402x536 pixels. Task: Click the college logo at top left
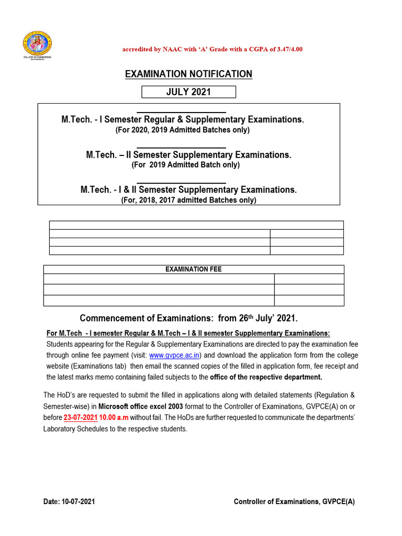pos(36,47)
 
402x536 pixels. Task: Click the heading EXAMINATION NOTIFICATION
pos(188,74)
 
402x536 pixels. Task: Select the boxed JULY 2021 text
pos(188,92)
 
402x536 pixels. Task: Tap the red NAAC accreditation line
pos(212,49)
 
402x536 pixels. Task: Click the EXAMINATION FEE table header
pos(193,269)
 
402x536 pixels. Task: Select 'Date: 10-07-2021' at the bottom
pos(69,501)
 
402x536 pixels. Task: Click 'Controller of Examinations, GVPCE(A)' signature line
pos(294,501)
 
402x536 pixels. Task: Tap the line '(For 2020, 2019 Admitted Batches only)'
pos(182,129)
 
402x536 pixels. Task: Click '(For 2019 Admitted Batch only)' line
pos(185,164)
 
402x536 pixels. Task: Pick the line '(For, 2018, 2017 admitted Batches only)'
pos(188,199)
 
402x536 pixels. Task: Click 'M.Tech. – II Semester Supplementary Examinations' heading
pos(188,155)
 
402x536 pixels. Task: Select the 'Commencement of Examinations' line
pos(188,318)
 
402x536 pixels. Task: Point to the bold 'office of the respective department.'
pos(266,377)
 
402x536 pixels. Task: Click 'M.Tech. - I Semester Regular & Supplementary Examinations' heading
pos(182,120)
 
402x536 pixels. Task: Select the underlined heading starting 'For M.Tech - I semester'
pos(188,333)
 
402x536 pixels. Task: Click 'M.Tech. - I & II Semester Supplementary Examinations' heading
pos(188,190)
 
